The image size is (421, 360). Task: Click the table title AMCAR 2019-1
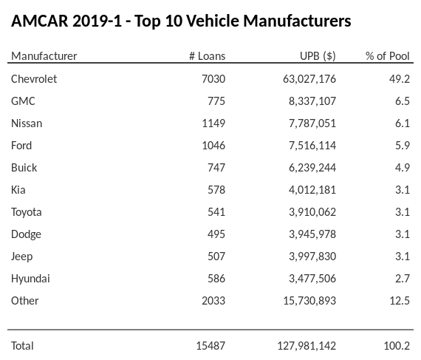pyautogui.click(x=181, y=21)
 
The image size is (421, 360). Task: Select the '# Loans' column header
pyautogui.click(x=207, y=56)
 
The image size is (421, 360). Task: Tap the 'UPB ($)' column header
pyautogui.click(x=319, y=56)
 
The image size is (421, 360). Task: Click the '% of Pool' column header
pyautogui.click(x=387, y=56)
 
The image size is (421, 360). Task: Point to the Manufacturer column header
pyautogui.click(x=44, y=56)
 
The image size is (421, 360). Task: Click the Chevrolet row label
pyautogui.click(x=34, y=79)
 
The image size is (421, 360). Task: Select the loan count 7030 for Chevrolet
pyautogui.click(x=213, y=79)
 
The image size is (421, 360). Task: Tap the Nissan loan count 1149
pyautogui.click(x=213, y=123)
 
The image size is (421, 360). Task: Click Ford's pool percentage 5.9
pyautogui.click(x=402, y=146)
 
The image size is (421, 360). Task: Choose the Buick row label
pyautogui.click(x=24, y=168)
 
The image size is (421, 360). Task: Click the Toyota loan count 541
pyautogui.click(x=215, y=212)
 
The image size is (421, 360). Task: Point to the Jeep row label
pyautogui.click(x=22, y=257)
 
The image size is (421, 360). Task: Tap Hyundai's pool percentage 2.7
pyautogui.click(x=402, y=279)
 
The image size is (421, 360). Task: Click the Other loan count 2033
pyautogui.click(x=213, y=301)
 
